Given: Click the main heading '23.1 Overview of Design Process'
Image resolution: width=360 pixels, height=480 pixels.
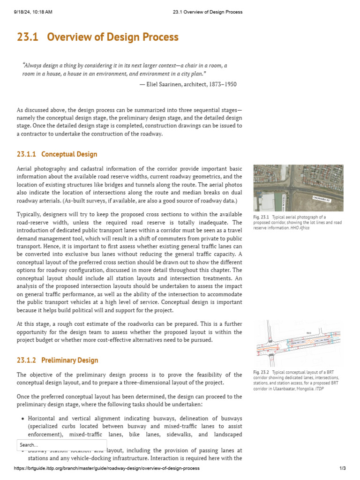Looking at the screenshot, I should [x=97, y=37].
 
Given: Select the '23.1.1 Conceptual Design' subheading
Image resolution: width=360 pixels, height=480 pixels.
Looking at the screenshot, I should [x=57, y=154].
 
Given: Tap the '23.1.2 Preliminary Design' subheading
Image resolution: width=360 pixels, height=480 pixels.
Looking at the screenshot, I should [x=57, y=360].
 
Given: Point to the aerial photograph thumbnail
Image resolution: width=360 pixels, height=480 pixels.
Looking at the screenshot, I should [x=298, y=187].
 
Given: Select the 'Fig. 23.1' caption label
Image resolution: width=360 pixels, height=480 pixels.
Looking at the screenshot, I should [x=259, y=217].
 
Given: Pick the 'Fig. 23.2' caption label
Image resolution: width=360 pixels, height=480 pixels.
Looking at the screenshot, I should [x=259, y=373].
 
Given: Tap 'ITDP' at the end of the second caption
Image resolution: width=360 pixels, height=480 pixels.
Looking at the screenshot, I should [x=319, y=389].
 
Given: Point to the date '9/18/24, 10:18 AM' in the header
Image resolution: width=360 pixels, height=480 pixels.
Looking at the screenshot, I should [x=33, y=12].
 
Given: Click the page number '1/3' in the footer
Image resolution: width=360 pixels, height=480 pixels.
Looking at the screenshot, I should [x=342, y=468].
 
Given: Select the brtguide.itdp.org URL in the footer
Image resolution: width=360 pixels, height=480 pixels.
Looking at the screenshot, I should [x=107, y=468].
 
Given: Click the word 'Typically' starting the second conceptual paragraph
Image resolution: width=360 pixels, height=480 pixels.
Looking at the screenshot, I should [x=29, y=214].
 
